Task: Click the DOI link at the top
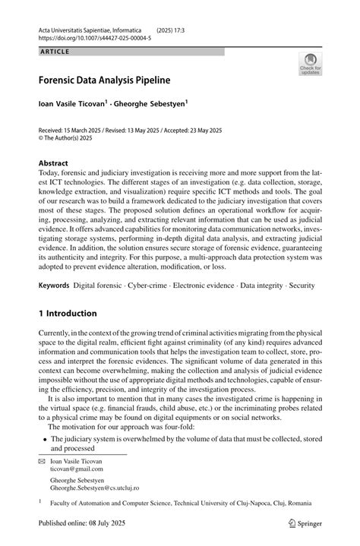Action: coord(94,36)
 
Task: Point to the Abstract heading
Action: coord(53,163)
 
